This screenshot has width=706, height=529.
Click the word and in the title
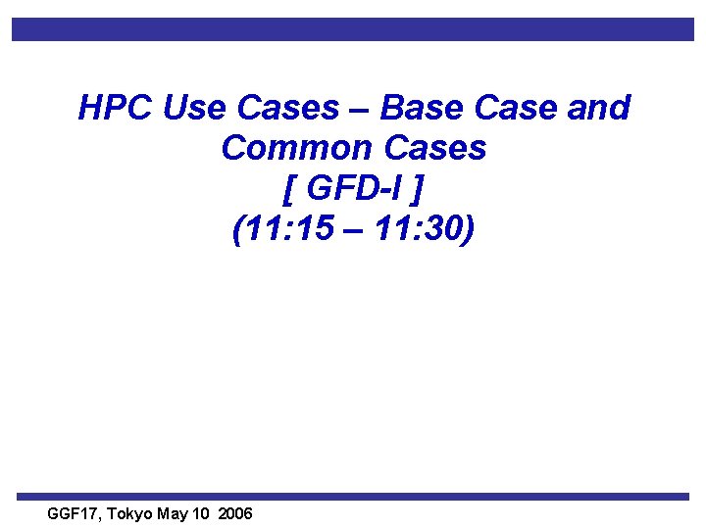598,108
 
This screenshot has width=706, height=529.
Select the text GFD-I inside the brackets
354,190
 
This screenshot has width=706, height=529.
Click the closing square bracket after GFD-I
423,191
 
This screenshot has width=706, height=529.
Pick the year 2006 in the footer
235,513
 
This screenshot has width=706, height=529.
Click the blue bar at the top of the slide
353,29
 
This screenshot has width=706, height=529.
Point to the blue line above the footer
353,497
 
